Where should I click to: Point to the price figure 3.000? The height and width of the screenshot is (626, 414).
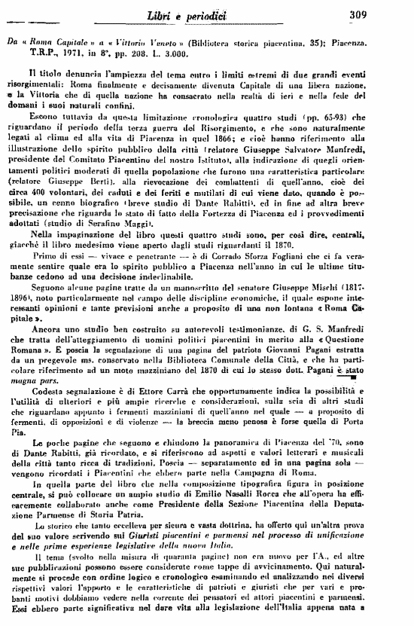[x=191, y=54]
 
